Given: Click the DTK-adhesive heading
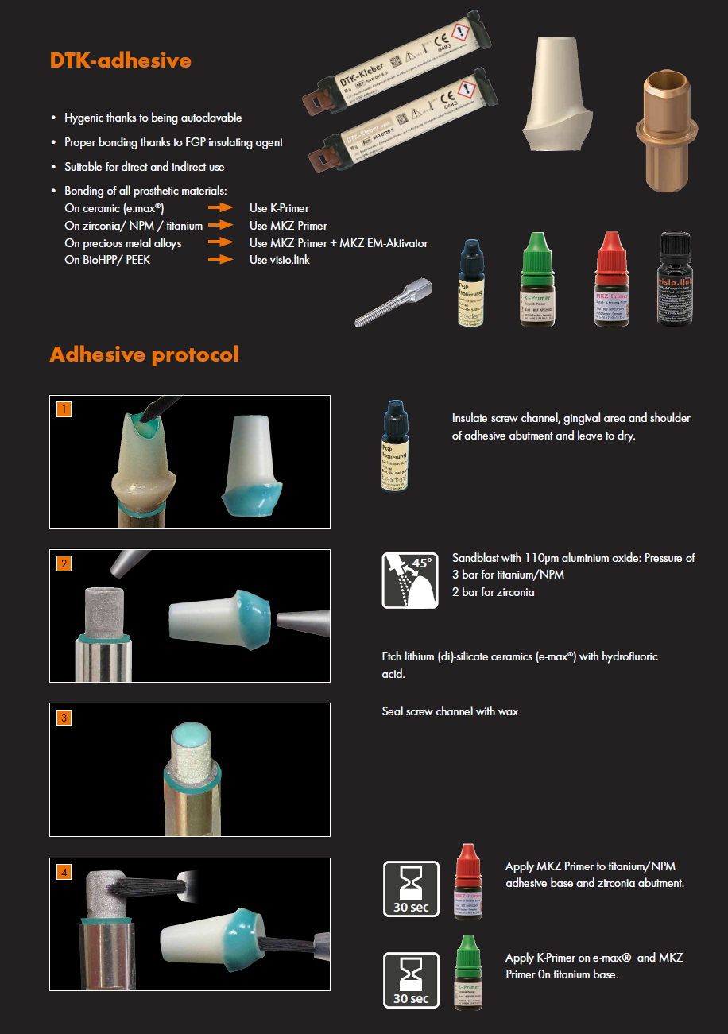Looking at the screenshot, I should pos(120,60).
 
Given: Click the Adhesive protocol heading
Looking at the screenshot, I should pos(144,354).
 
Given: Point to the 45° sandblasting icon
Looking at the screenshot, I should pos(410,580).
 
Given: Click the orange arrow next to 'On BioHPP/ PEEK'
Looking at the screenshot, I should pos(220,260).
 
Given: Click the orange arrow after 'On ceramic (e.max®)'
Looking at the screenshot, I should pos(220,209).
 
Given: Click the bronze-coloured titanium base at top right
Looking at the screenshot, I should pos(664,131).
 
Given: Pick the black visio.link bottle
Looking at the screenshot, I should pos(680,280).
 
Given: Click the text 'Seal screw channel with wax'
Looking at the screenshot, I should pos(450,711).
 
